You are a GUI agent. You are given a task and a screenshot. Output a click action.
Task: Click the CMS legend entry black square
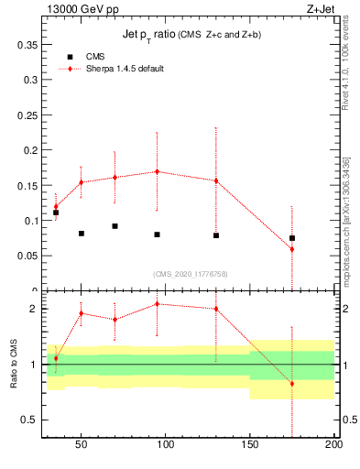tap(70, 57)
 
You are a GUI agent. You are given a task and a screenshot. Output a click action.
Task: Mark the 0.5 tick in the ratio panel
tap(29, 420)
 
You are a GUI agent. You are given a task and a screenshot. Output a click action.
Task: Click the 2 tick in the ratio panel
tap(34, 309)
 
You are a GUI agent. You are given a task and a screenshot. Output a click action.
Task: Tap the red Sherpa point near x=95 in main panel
tap(158, 171)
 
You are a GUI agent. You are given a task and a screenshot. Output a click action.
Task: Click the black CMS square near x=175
tap(292, 238)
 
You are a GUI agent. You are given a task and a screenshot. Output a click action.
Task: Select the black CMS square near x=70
tap(115, 226)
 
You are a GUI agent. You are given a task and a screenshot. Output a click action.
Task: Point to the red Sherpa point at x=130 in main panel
tap(216, 180)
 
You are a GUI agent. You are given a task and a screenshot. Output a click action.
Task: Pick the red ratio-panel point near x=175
tap(292, 383)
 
